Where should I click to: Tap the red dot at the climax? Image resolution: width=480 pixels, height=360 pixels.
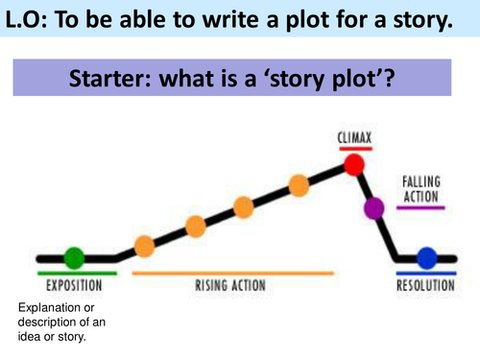pos(355,165)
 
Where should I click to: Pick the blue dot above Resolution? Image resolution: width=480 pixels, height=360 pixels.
pos(427,258)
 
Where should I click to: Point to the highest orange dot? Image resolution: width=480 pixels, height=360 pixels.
pos(299,184)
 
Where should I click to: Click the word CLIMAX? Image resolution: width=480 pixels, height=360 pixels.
pos(354,137)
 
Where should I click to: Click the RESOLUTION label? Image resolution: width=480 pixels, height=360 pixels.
pos(429,286)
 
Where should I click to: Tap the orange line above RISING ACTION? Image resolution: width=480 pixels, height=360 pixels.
pos(232,274)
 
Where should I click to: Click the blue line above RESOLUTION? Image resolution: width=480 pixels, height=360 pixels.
pos(429,274)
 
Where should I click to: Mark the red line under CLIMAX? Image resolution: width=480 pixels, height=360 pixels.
pos(354,148)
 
